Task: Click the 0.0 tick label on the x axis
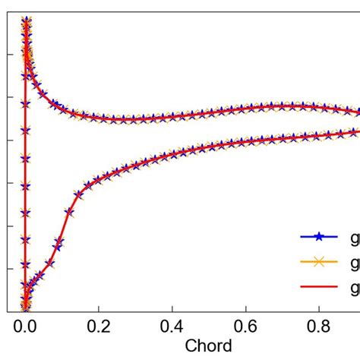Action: (25, 327)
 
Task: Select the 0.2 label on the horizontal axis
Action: (99, 327)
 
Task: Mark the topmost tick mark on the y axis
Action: (9, 54)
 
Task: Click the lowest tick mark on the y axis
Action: (9, 268)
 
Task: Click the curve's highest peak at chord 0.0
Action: (26, 21)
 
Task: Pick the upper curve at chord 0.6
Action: (246, 107)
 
